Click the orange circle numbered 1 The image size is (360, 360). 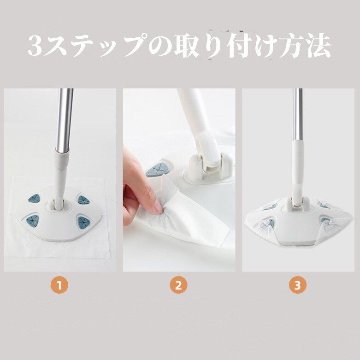pyautogui.click(x=59, y=285)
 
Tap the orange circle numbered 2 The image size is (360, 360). pyautogui.click(x=178, y=285)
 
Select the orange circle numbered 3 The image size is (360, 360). pyautogui.click(x=298, y=285)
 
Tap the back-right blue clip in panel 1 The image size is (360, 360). pyautogui.click(x=83, y=200)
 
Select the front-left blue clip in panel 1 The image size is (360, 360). pyautogui.click(x=32, y=220)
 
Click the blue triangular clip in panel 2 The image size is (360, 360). pyautogui.click(x=157, y=170)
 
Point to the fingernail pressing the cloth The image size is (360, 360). pyautogui.click(x=159, y=207)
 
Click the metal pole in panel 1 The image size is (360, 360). pyautogui.click(x=65, y=119)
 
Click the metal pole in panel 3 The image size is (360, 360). pyautogui.click(x=298, y=114)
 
